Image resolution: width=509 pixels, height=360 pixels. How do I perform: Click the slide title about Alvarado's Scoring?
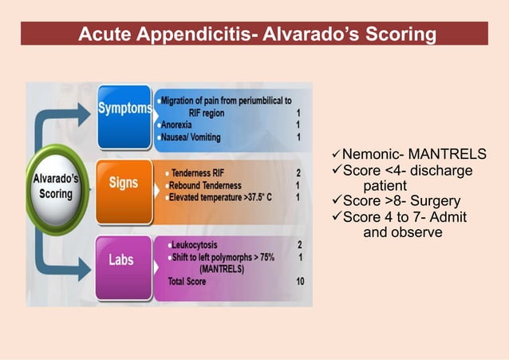(x=257, y=35)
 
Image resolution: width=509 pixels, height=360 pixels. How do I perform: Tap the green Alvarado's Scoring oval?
(x=55, y=186)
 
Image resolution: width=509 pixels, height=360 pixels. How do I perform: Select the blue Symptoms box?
(x=124, y=108)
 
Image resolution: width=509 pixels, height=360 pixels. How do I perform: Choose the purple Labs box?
(x=123, y=260)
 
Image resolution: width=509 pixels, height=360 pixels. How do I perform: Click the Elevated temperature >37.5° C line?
(x=219, y=197)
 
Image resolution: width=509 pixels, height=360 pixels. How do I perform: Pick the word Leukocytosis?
(x=195, y=244)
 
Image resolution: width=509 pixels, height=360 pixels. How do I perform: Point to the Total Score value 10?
(x=299, y=282)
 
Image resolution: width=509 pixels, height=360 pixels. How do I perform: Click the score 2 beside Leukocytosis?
(x=299, y=244)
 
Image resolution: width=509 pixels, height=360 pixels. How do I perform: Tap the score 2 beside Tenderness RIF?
(x=298, y=172)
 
